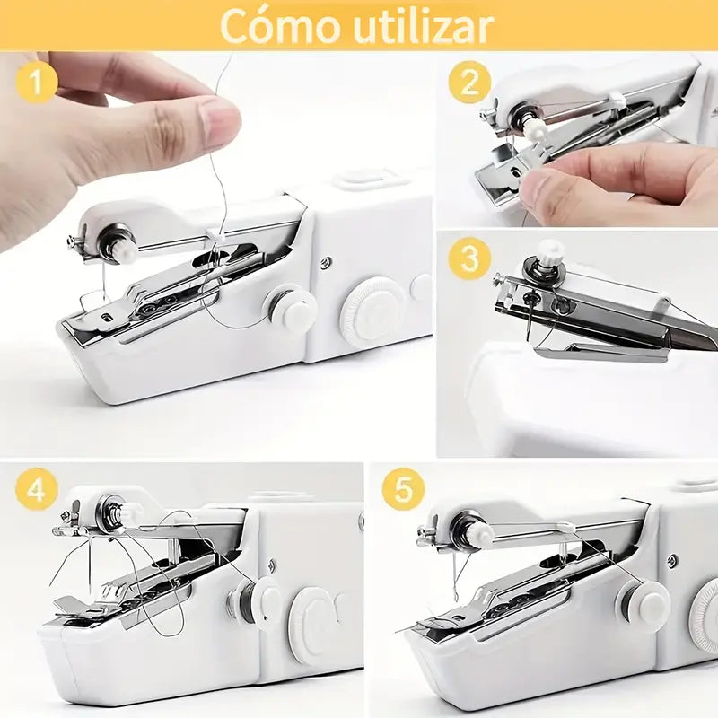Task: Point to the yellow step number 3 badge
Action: (x=469, y=260)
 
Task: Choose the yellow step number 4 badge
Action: (x=35, y=492)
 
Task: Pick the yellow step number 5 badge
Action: (x=403, y=492)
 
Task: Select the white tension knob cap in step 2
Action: (x=537, y=130)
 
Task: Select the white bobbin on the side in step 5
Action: (x=643, y=605)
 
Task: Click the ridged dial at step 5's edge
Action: (x=705, y=614)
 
